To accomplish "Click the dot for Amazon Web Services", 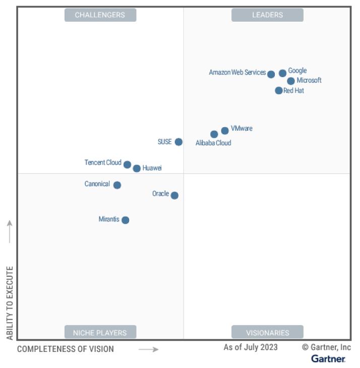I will click(271, 74).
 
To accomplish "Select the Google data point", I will click(282, 73).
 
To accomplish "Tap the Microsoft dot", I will click(291, 81).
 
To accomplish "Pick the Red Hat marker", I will click(279, 91).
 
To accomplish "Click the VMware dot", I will click(225, 131).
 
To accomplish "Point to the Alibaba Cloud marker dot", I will click(214, 134).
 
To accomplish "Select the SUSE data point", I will click(178, 142).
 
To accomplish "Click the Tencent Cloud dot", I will click(128, 165).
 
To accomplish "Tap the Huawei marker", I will click(137, 168).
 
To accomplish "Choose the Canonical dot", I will click(117, 185).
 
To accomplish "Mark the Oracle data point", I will click(174, 195).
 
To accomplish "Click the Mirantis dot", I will click(126, 220).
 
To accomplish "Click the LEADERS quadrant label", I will click(267, 15).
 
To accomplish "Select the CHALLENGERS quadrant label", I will click(100, 15).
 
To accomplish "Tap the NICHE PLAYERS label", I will click(100, 332).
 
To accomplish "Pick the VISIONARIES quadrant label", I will click(267, 332).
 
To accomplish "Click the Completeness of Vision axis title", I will click(66, 349).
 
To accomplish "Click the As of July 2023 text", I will click(251, 347).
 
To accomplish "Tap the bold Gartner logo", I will click(328, 359).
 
